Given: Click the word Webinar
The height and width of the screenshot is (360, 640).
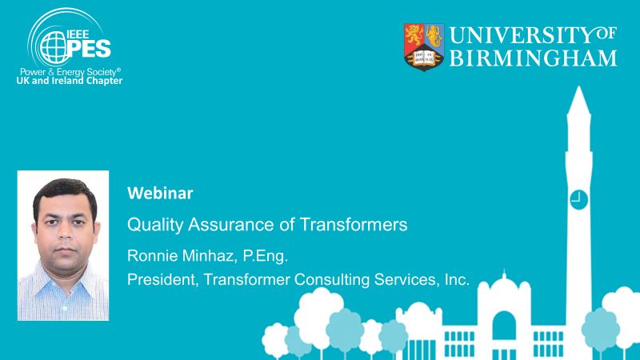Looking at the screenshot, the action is tap(160, 193).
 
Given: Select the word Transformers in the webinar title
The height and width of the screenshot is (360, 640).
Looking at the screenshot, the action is tap(354, 224).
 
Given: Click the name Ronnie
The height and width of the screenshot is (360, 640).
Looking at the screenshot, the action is tap(153, 255).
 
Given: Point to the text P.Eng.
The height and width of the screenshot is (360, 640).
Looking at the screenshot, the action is tap(266, 256).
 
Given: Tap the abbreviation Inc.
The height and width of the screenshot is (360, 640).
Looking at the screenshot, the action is tap(457, 279).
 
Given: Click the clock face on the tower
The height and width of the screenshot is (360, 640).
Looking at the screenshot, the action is tap(578, 200).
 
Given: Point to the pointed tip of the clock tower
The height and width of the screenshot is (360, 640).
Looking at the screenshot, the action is tap(578, 87).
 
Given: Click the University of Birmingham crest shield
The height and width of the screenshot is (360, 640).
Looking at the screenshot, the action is tap(424, 47).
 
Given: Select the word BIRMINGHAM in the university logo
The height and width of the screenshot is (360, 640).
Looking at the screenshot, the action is tap(533, 58).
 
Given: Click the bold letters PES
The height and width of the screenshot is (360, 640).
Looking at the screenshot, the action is tap(90, 49).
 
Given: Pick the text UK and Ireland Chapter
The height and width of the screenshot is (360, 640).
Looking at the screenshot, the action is tap(70, 81).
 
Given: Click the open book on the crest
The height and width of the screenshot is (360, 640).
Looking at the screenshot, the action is tap(424, 58).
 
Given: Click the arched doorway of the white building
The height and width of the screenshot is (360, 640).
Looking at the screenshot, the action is tap(504, 326).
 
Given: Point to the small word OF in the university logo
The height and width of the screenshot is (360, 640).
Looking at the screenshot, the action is tap(606, 34).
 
